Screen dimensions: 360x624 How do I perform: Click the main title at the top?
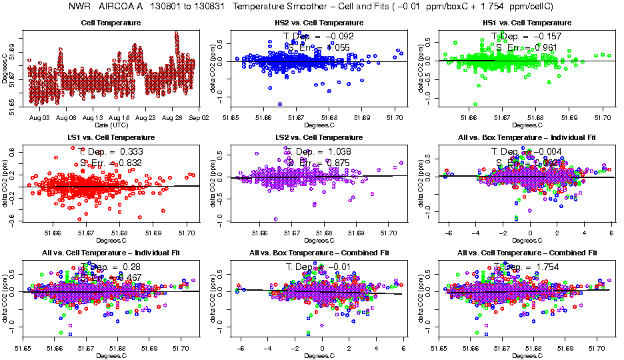point(312,7)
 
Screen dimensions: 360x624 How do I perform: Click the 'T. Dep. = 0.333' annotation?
point(111,151)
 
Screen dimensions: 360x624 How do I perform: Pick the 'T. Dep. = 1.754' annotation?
point(527,267)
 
